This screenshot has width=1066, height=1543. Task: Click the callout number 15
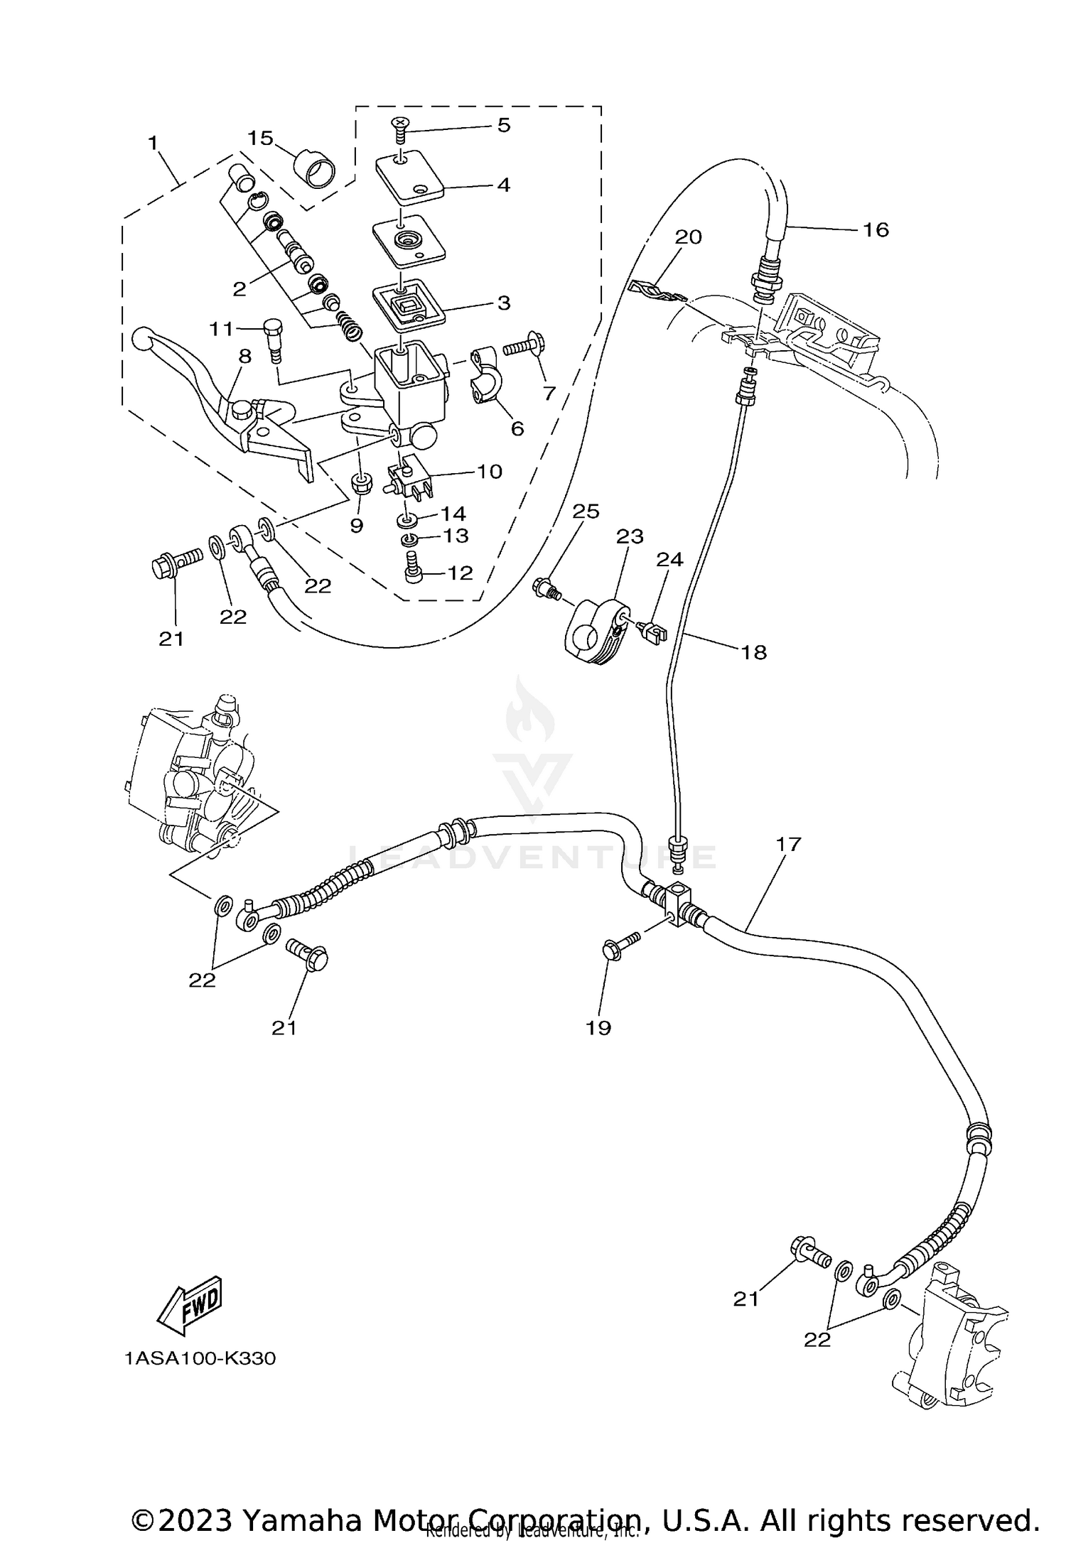pyautogui.click(x=260, y=138)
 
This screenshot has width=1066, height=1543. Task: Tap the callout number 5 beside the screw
pyautogui.click(x=503, y=125)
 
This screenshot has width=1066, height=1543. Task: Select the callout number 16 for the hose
pyautogui.click(x=876, y=229)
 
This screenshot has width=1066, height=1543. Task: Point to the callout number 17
pyautogui.click(x=788, y=844)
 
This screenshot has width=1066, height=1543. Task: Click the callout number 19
pyautogui.click(x=598, y=1028)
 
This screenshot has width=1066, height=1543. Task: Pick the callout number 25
pyautogui.click(x=586, y=511)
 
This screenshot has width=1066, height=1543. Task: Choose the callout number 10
pyautogui.click(x=489, y=471)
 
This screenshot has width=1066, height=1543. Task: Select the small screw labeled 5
pyautogui.click(x=402, y=130)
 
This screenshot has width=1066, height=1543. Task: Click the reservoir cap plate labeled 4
pyautogui.click(x=409, y=178)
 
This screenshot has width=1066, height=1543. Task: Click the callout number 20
pyautogui.click(x=688, y=237)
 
